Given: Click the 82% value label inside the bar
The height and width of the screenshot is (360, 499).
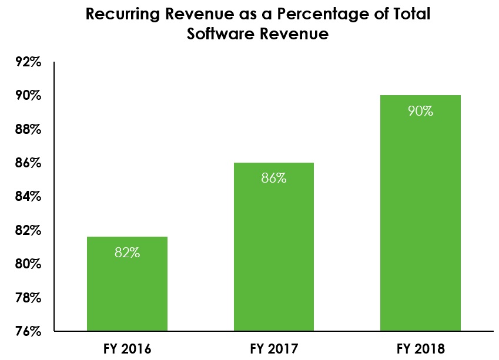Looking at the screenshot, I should click(x=127, y=253).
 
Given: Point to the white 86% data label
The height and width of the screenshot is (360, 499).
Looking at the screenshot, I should click(x=273, y=179).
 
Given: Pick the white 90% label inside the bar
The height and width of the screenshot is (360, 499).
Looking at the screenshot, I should click(x=420, y=111).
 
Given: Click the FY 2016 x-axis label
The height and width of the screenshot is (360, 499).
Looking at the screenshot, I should click(x=127, y=349).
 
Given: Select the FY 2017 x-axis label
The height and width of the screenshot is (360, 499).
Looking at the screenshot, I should click(x=273, y=349).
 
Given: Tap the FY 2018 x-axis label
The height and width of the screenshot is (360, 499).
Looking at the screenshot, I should click(x=420, y=349).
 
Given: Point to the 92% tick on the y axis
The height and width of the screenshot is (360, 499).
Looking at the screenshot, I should click(x=28, y=62).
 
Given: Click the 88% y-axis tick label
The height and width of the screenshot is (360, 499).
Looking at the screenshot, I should click(x=28, y=129).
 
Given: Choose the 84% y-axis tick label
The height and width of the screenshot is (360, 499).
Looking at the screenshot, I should click(x=28, y=196).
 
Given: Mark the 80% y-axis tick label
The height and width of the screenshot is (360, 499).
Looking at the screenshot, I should click(x=28, y=264).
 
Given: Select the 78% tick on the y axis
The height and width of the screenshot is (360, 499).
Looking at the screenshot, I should click(x=28, y=298).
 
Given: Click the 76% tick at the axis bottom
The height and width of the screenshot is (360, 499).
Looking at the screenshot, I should click(x=28, y=331).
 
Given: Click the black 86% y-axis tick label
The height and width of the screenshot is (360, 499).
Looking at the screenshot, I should click(x=28, y=163).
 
